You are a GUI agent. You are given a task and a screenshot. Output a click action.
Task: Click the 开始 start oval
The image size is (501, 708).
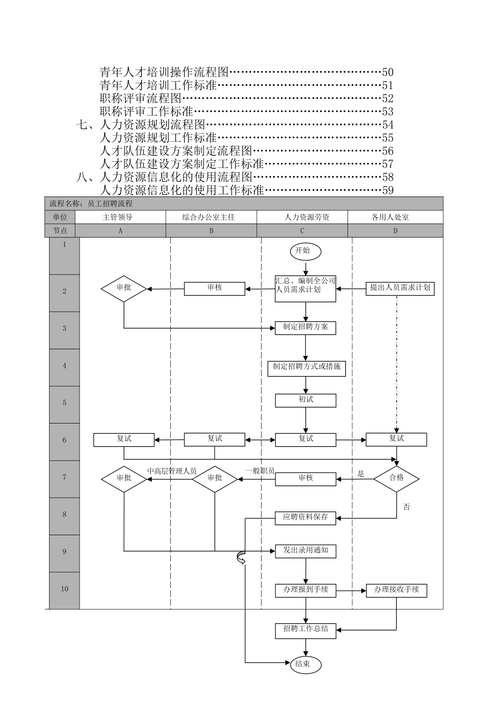305,251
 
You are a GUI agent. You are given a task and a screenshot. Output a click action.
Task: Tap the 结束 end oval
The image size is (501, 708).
305,664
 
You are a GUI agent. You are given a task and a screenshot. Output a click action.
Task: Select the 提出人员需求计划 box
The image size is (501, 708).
400,288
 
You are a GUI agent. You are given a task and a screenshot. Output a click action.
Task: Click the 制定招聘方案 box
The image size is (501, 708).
305,327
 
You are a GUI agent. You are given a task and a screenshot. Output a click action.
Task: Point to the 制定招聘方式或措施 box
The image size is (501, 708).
306,367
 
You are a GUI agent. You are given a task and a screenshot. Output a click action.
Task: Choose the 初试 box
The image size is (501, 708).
305,400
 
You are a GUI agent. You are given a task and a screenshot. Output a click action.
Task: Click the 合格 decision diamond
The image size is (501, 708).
397,478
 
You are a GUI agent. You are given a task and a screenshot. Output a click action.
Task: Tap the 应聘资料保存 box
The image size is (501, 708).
305,518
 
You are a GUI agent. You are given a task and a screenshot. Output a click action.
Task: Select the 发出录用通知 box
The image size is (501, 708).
305,550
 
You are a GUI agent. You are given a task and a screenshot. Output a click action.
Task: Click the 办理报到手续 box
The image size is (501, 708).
305,590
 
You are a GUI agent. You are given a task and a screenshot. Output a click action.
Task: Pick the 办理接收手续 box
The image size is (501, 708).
397,590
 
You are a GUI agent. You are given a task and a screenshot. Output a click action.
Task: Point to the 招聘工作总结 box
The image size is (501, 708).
305,630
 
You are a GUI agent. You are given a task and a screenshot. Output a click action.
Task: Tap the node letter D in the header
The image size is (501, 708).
396,231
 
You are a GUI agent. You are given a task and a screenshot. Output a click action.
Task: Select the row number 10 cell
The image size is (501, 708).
64,589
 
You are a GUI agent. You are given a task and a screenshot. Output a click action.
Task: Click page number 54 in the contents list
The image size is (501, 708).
388,125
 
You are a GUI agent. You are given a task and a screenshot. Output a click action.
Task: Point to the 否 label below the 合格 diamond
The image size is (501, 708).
407,507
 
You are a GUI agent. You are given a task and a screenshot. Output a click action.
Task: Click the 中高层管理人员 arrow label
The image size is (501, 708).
171,471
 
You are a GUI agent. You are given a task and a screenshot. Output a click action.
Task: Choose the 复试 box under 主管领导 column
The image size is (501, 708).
124,439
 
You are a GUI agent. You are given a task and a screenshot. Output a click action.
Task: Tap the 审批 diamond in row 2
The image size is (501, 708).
124,288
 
